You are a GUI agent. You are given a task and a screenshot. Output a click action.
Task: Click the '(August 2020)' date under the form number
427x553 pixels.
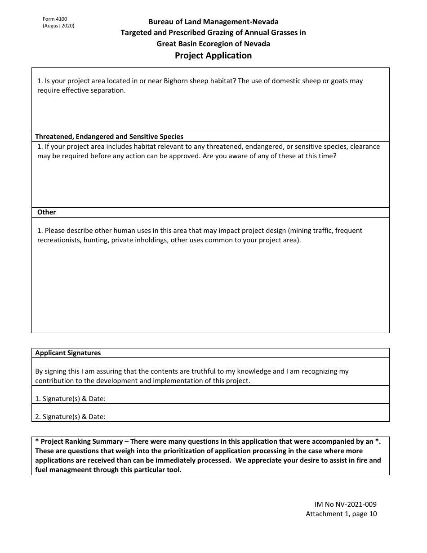(x=58, y=26)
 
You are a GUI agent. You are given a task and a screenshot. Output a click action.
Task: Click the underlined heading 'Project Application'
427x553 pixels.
(x=213, y=56)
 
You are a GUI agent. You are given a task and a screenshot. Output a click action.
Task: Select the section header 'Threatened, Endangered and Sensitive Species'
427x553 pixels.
(x=109, y=137)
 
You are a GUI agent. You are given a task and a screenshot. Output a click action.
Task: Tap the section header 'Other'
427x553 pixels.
(x=46, y=212)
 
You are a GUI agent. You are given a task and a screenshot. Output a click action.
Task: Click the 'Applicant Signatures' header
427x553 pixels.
(x=68, y=353)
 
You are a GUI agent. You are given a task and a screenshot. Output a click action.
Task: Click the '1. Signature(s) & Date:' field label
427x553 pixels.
(x=70, y=398)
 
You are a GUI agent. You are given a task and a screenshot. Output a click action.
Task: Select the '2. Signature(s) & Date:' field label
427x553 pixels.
(x=70, y=416)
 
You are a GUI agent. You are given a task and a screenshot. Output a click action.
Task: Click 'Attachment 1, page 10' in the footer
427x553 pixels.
(x=341, y=514)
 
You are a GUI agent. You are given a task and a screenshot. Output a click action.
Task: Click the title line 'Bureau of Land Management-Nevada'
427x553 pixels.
(x=213, y=22)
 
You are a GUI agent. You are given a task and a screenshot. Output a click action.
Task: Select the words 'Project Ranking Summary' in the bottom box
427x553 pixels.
(x=82, y=442)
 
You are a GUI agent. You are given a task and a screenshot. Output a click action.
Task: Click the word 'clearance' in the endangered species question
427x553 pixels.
(x=365, y=147)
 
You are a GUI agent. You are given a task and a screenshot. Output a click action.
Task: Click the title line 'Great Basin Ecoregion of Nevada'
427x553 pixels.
(x=213, y=44)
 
